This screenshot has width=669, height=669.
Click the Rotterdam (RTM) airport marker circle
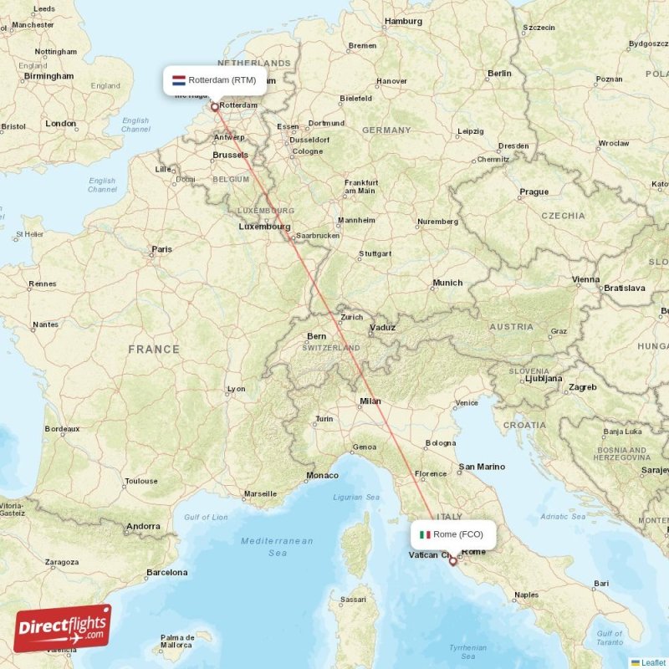pyautogui.click(x=215, y=106)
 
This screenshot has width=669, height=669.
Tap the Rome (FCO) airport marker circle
pyautogui.click(x=452, y=561)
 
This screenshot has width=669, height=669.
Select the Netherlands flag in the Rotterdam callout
pyautogui.click(x=178, y=80)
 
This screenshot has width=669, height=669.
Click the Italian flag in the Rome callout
pyautogui.click(x=425, y=534)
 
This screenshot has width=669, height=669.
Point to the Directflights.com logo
pyautogui.click(x=63, y=627)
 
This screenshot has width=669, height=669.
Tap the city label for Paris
pyautogui.click(x=161, y=249)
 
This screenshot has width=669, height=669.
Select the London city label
pyautogui.click(x=60, y=124)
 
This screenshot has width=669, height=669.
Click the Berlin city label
pyautogui.click(x=499, y=74)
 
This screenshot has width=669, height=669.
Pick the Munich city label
pyautogui.click(x=447, y=283)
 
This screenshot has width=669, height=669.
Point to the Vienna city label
pyautogui.click(x=585, y=279)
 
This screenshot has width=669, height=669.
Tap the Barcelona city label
pyautogui.click(x=166, y=573)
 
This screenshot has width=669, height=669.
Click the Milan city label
pyautogui.click(x=370, y=401)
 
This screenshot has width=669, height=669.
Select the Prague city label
pyautogui.click(x=534, y=192)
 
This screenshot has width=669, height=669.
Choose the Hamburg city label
pyautogui.click(x=402, y=21)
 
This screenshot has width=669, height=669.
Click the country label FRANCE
pyautogui.click(x=154, y=350)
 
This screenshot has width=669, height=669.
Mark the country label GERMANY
pyautogui.click(x=386, y=130)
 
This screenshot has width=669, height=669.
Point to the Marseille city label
pyautogui.click(x=260, y=493)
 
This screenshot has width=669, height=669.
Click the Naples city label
pyautogui.click(x=526, y=595)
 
